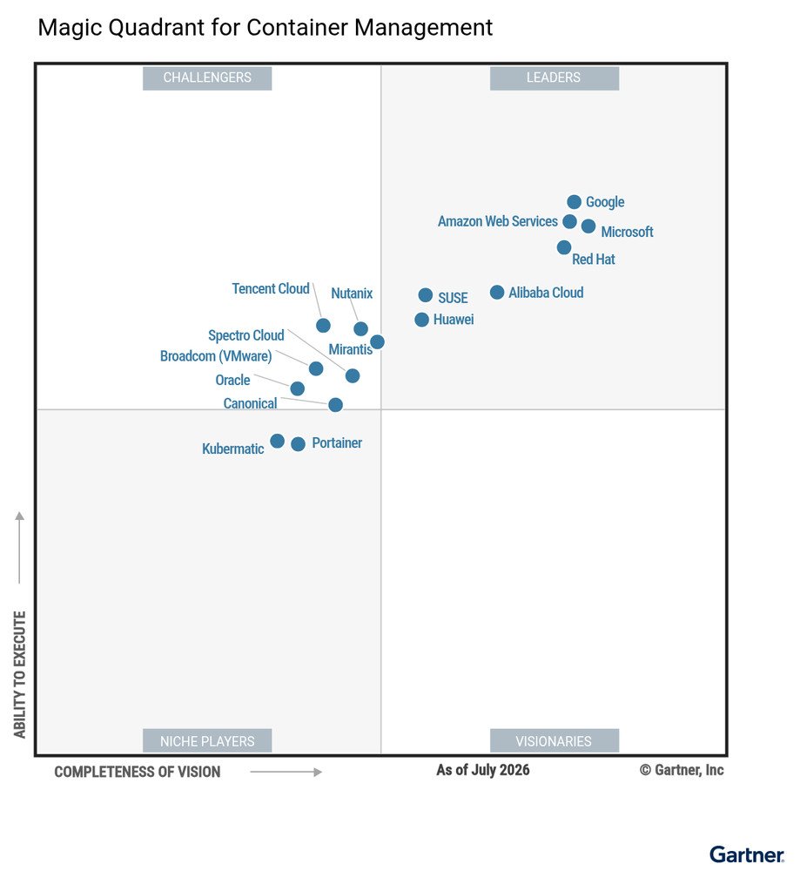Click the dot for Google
click(574, 202)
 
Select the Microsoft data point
click(588, 226)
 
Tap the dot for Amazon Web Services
click(569, 221)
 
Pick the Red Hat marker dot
click(564, 247)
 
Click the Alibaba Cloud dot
click(497, 292)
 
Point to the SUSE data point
click(426, 295)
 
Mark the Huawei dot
click(422, 320)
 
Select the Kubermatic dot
click(278, 441)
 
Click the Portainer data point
click(298, 444)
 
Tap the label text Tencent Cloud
click(271, 289)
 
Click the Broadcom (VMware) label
click(216, 356)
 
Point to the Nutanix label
click(352, 294)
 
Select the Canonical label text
click(251, 403)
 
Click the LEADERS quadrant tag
click(554, 78)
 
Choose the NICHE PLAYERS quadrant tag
click(207, 740)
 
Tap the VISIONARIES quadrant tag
click(554, 740)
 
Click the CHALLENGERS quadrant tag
click(207, 78)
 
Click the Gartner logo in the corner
click(747, 854)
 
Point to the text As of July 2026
click(483, 770)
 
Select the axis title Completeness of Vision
click(138, 772)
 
